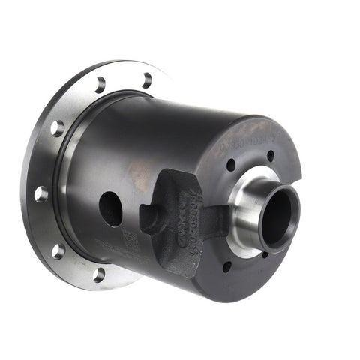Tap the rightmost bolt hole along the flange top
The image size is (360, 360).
(147, 79)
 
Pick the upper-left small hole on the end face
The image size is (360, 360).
(231, 165)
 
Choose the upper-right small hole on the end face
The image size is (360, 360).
(270, 157)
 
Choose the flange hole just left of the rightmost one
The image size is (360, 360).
(100, 84)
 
